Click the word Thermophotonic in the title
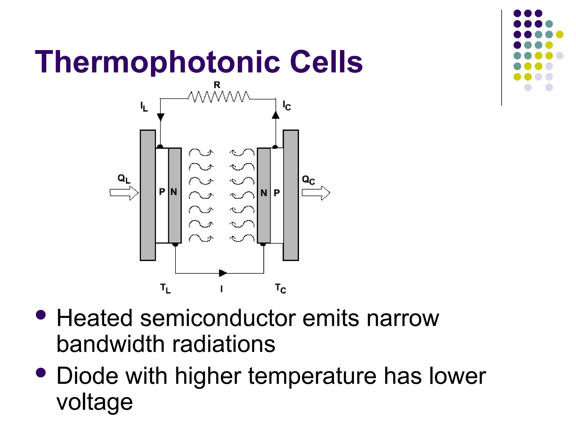[x=158, y=62]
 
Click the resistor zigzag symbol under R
[x=219, y=97]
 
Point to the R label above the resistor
[x=217, y=85]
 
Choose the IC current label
[x=287, y=106]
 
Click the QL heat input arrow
[x=124, y=193]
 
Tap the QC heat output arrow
[x=316, y=193]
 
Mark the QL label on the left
[x=124, y=179]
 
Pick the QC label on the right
[x=308, y=180]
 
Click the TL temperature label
[x=165, y=289]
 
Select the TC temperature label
[x=280, y=289]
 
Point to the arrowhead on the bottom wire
[x=222, y=273]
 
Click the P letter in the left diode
[x=162, y=192]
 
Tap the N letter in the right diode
[x=264, y=193]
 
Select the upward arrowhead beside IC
[x=276, y=115]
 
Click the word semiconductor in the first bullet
[x=218, y=318]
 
